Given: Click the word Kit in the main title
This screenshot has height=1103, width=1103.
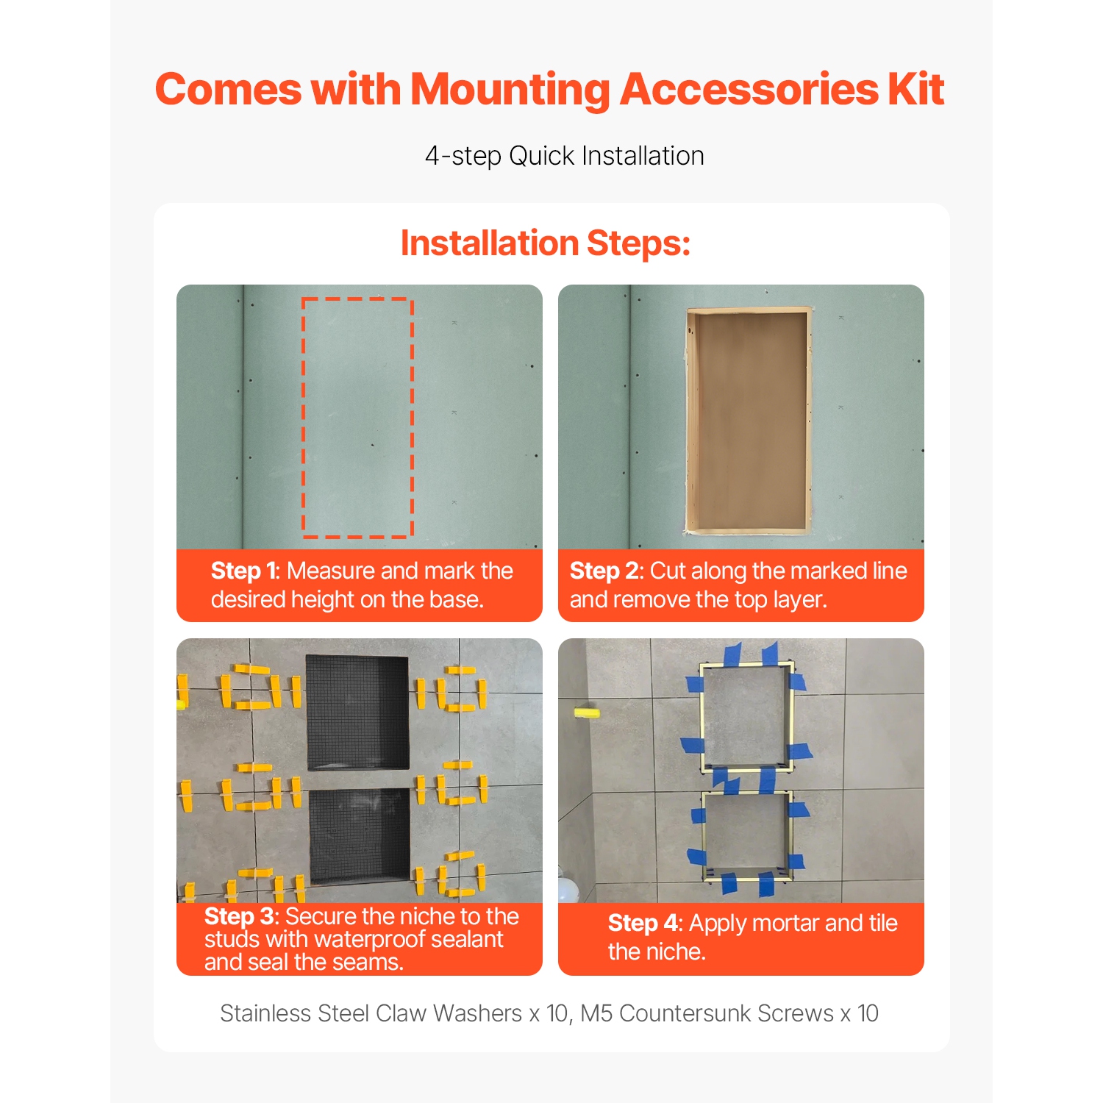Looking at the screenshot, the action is (x=915, y=90).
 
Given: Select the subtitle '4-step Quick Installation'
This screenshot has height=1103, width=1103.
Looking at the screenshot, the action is (x=564, y=156).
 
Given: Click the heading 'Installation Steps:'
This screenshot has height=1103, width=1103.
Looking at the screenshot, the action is (x=546, y=243).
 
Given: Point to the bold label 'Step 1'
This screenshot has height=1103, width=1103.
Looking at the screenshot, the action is (x=244, y=571).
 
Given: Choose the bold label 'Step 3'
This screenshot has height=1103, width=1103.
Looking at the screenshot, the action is (x=240, y=916).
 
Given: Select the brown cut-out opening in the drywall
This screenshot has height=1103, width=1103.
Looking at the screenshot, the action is (x=749, y=419).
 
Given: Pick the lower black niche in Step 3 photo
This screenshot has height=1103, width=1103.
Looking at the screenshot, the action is (x=360, y=835).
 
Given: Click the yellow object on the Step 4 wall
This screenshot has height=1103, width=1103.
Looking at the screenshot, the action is (x=587, y=712).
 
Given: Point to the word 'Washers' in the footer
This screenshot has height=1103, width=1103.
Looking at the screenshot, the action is (x=478, y=1013).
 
